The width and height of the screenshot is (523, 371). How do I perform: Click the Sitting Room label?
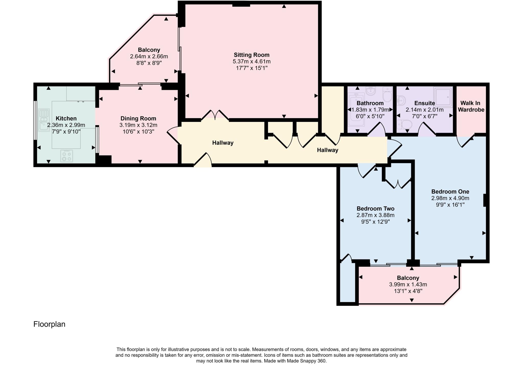click(252, 55)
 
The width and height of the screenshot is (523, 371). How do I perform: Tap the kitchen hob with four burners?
click(67, 156)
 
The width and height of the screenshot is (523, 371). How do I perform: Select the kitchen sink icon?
click(44, 120)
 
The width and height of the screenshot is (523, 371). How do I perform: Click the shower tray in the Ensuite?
click(443, 97)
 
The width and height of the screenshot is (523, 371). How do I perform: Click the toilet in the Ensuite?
click(405, 125)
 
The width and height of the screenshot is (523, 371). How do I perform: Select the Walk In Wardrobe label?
click(471, 106)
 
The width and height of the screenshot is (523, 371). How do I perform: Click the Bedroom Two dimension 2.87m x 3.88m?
click(375, 215)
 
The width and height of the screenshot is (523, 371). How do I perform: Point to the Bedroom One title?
click(450, 191)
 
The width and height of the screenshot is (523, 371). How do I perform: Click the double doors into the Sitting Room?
click(215, 115)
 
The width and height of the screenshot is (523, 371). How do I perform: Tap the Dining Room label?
click(138, 118)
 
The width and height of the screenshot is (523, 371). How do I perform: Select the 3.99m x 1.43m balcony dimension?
click(408, 285)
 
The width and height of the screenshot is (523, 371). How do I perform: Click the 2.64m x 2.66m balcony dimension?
click(149, 56)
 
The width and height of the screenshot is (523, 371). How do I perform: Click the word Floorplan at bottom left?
click(49, 324)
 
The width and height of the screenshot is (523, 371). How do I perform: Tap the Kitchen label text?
click(66, 118)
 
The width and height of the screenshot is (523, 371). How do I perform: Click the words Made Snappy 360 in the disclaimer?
click(306, 361)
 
